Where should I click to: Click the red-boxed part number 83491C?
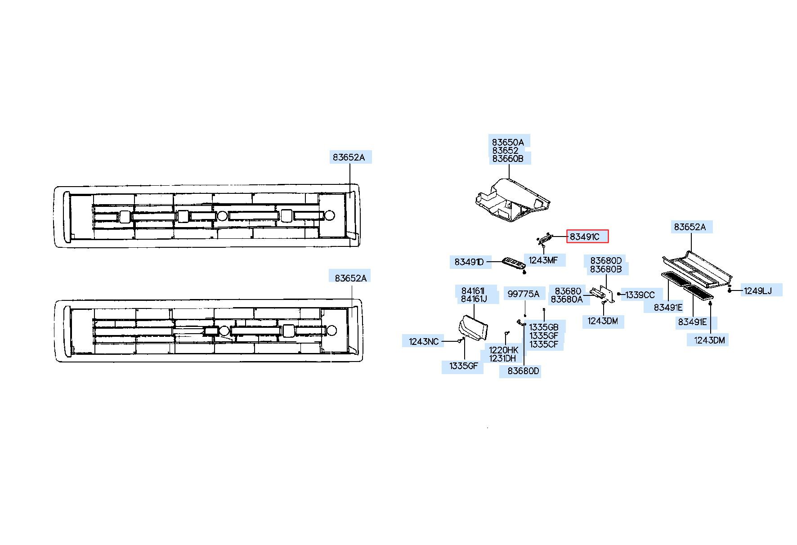[x=587, y=237]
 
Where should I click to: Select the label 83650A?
[x=508, y=142]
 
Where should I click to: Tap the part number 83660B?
[x=508, y=159]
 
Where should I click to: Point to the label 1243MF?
[x=543, y=260]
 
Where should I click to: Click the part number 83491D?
[x=469, y=262]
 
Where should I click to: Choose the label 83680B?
[x=606, y=269]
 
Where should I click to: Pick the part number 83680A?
[x=567, y=299]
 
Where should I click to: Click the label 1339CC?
[x=640, y=295]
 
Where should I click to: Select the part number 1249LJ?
[x=757, y=291]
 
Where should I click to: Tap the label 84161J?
[x=474, y=298]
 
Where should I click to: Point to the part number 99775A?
[x=523, y=294]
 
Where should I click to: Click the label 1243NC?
[x=424, y=342]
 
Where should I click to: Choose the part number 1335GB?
[x=544, y=327]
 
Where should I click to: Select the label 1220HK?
[x=504, y=350]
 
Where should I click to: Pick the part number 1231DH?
[x=502, y=358]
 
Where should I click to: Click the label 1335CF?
[x=544, y=344]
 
